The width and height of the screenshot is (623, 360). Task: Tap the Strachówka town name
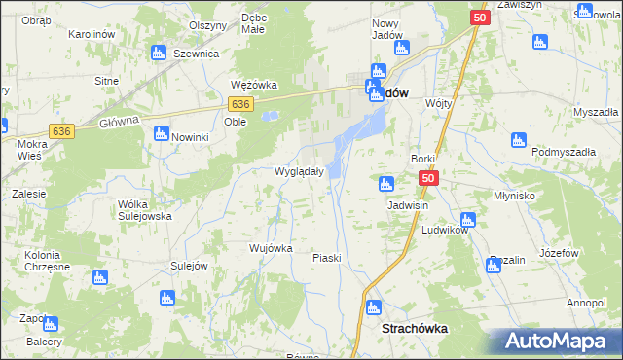(416, 329)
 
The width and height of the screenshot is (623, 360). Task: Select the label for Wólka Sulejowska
(144, 210)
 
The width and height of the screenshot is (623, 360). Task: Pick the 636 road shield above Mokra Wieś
(62, 131)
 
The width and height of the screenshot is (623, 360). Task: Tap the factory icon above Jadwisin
(386, 184)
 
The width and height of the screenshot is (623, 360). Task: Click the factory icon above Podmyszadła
(519, 140)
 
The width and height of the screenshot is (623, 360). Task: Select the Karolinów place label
(93, 34)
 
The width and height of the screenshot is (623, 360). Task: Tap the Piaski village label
(326, 258)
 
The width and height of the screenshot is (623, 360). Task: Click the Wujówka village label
(271, 248)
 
